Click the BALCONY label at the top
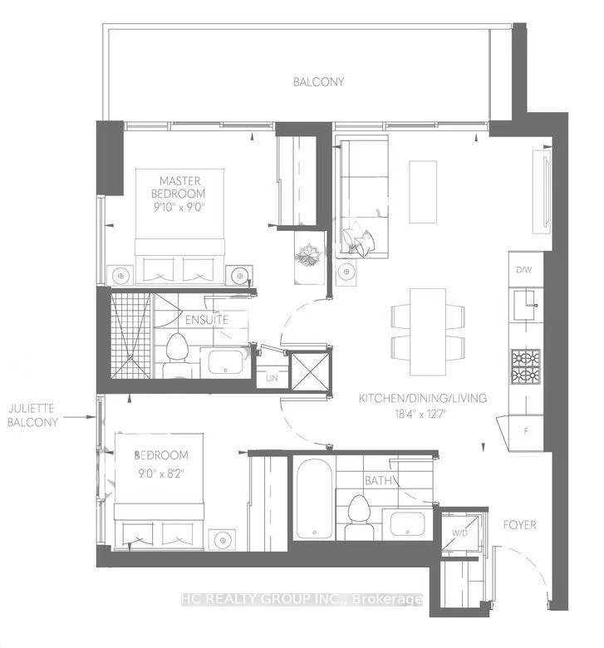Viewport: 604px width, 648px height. point(318,81)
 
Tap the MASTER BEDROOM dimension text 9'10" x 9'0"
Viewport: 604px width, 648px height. point(179,207)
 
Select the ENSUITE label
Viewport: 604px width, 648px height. point(207,320)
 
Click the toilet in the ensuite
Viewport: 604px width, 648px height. point(177,356)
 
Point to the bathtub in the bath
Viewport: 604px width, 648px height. point(314,498)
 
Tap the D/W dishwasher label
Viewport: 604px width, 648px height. point(523,270)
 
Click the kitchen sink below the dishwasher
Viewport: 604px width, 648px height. point(525,305)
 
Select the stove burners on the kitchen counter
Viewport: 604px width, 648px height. point(526,366)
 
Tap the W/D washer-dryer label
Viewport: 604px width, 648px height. point(459,533)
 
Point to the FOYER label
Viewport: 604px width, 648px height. point(519,525)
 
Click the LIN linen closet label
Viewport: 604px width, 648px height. point(272,378)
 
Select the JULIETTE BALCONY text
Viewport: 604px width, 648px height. point(32,415)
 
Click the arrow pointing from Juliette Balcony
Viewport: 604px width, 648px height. point(80,417)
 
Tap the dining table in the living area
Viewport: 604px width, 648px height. point(428,331)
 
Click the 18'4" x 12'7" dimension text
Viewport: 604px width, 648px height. point(420,414)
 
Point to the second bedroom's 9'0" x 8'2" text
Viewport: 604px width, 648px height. point(161,473)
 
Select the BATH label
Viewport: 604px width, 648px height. point(378,481)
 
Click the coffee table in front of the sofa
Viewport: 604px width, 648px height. point(423,192)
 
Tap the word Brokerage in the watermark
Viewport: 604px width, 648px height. point(387,599)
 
